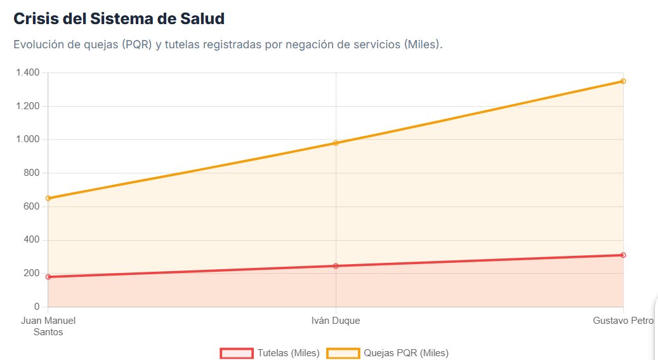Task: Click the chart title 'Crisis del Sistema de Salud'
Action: coord(119,19)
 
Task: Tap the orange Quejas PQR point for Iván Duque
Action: coord(336,143)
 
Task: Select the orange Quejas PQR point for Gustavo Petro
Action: coord(623,81)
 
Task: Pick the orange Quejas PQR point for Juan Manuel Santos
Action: coord(48,198)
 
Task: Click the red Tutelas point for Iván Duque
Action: coord(336,266)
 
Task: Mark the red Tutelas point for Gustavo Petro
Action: coord(623,255)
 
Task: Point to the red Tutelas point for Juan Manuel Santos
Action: coord(48,277)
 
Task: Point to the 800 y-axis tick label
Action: coord(31,173)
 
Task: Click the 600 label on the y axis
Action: coord(31,206)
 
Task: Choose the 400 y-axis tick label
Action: coord(31,240)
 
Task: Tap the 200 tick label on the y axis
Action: coord(31,274)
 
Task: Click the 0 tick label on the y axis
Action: coord(36,307)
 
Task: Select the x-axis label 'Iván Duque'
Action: coord(336,321)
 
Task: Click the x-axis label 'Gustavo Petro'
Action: coord(623,321)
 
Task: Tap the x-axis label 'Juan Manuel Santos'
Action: coord(48,326)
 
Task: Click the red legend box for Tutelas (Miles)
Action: coord(237,353)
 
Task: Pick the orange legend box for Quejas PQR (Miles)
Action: coord(343,353)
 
